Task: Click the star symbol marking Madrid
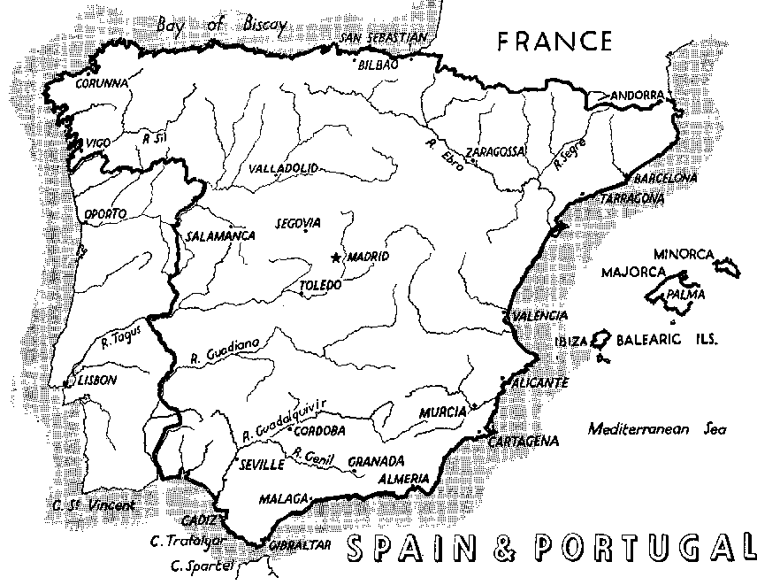tap(335, 258)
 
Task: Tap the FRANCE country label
tap(554, 42)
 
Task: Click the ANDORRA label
tap(635, 94)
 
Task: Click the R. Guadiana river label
tap(225, 351)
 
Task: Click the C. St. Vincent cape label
tap(94, 506)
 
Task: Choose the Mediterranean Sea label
tap(656, 429)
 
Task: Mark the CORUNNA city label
tap(101, 85)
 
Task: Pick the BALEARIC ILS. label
tap(667, 340)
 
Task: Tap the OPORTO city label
tap(104, 213)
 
